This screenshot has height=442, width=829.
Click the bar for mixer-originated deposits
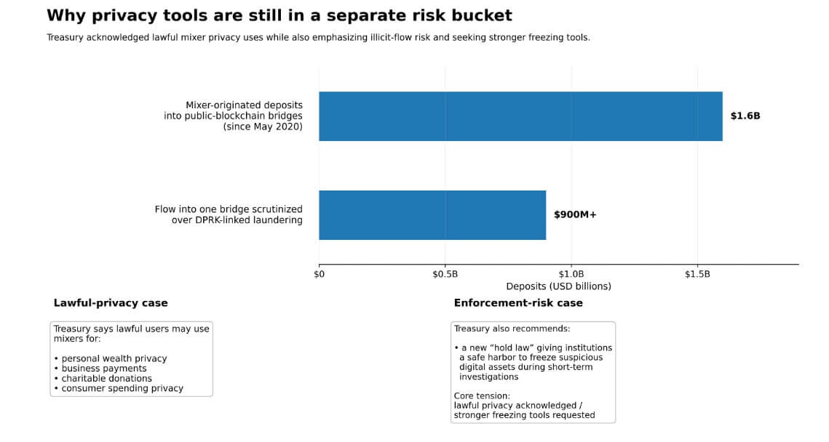point(520,116)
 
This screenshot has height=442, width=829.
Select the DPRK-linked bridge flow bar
point(432,215)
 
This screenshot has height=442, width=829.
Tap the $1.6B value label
point(745,116)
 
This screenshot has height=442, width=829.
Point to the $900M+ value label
point(575,214)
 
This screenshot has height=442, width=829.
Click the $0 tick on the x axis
point(319,274)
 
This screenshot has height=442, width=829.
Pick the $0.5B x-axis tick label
point(445,274)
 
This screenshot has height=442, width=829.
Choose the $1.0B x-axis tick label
point(571,274)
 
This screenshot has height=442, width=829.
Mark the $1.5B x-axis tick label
point(697,274)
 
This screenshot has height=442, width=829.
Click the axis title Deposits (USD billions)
point(558,286)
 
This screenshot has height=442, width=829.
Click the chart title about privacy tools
point(279,15)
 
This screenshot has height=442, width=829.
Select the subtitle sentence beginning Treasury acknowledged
point(318,37)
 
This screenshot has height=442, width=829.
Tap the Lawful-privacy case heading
point(111,302)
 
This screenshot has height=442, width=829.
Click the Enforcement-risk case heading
point(518,302)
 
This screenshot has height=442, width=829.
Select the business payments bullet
point(103,369)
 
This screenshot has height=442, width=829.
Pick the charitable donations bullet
point(106,378)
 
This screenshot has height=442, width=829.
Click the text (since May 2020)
point(263,126)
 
